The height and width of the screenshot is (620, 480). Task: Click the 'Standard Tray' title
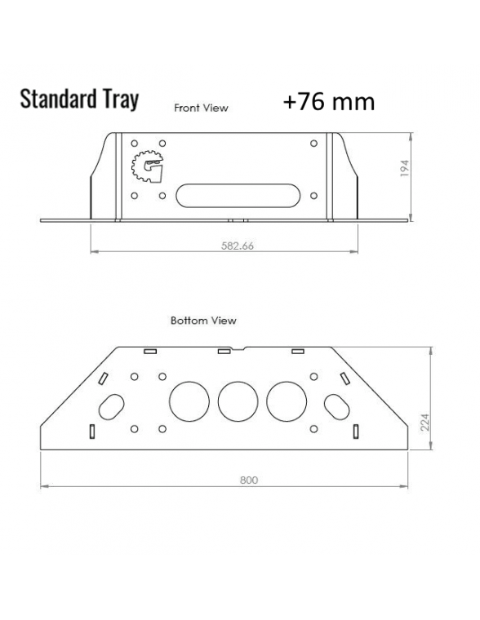point(78,99)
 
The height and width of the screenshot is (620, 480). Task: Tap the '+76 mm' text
point(329,101)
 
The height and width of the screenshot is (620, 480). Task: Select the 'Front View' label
point(201,108)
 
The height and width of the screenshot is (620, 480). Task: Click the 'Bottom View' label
point(203,321)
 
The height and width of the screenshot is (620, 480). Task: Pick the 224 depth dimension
point(424,421)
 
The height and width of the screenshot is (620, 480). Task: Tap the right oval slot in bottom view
point(336,404)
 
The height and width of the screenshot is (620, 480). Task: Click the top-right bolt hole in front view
point(315,144)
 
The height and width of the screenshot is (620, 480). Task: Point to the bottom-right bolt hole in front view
point(315,196)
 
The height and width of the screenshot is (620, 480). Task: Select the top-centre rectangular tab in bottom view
point(223,352)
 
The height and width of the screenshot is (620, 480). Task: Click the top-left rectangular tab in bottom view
point(149,352)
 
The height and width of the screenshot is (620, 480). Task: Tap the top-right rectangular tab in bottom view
point(298,352)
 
